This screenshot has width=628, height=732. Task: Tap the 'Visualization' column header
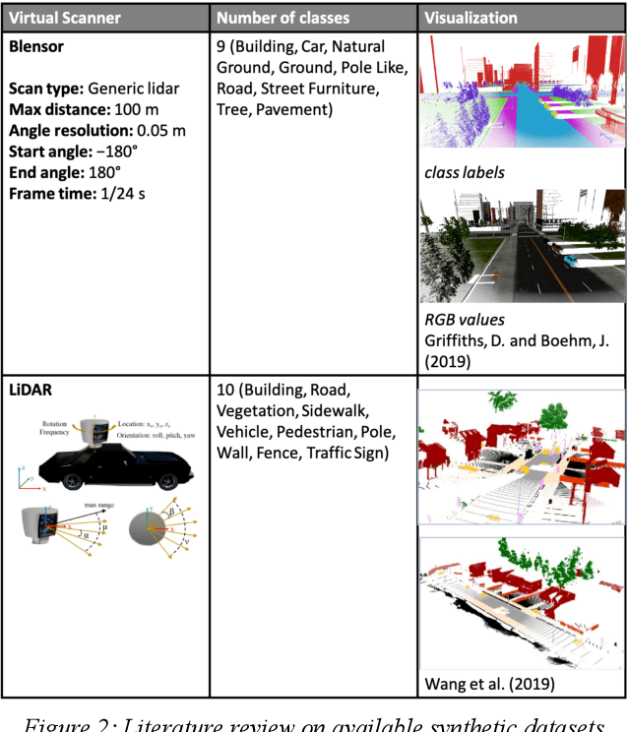(x=471, y=18)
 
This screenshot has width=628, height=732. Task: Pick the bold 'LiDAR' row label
(x=31, y=391)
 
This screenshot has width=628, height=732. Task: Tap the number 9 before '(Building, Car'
(x=221, y=45)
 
